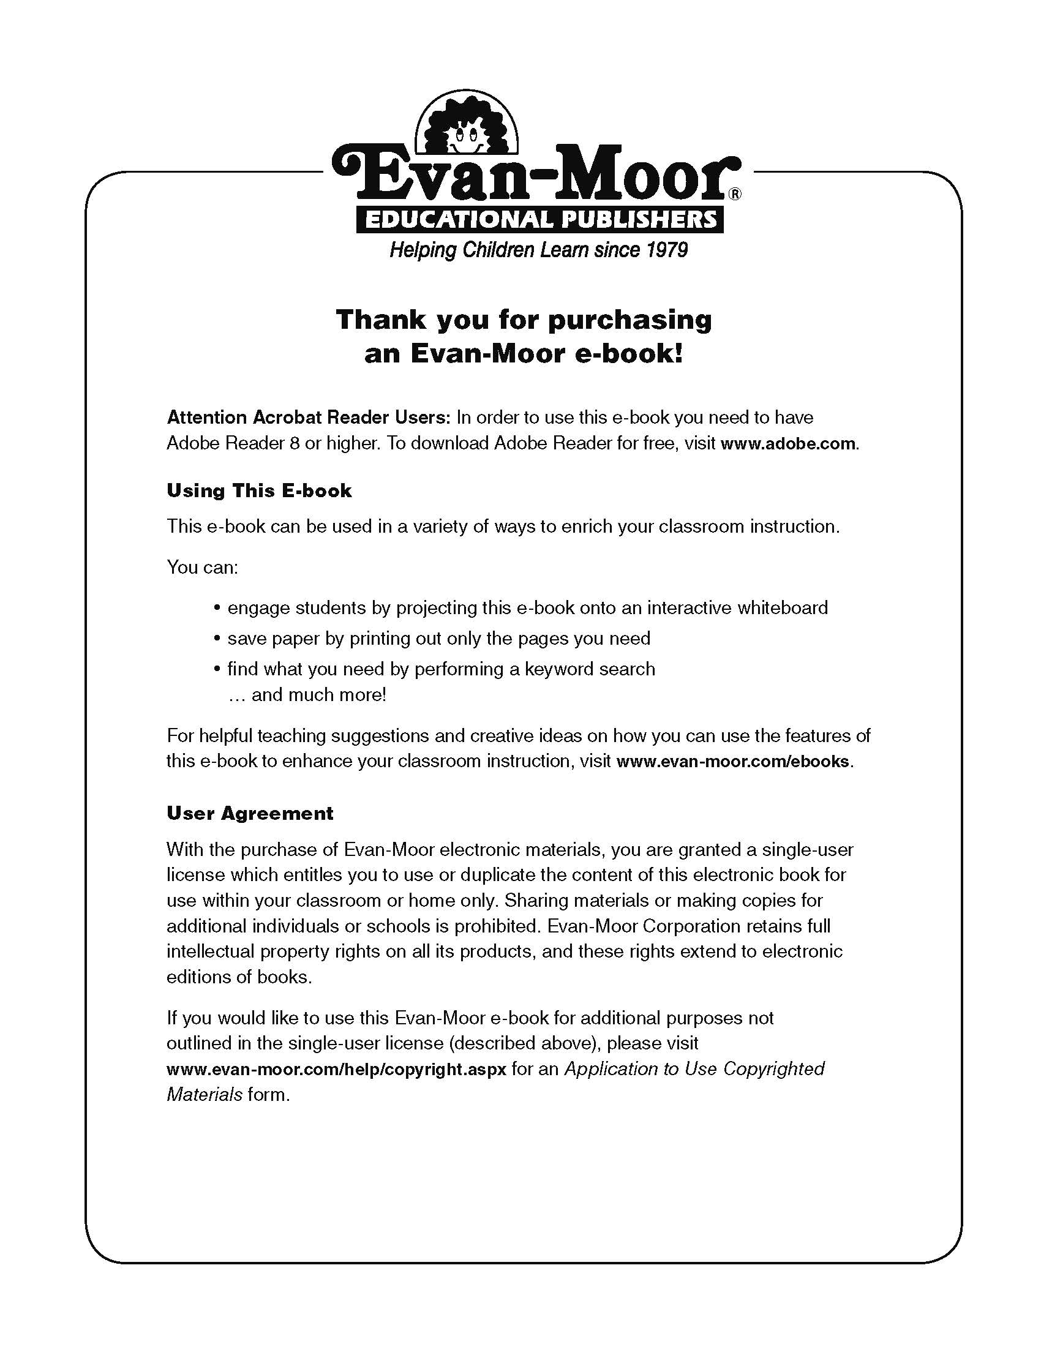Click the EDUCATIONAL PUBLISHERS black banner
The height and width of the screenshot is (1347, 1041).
[x=539, y=219]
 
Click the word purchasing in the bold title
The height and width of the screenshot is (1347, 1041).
[x=630, y=320]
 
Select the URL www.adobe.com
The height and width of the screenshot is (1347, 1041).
[x=787, y=444]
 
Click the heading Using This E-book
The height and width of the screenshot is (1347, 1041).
[x=259, y=491]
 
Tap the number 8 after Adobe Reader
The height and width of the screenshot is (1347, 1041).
[x=294, y=443]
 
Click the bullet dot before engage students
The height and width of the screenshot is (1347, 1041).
[x=217, y=609]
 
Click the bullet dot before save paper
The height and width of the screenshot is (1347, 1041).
[x=217, y=639]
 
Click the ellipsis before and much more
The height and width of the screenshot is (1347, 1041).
[x=237, y=696]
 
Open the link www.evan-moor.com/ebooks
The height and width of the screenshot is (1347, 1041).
[x=732, y=762]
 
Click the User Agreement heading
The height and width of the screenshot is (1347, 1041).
[x=250, y=814]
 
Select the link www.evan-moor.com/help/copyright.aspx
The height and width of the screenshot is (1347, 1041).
[x=336, y=1069]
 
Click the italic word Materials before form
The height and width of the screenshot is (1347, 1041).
[x=204, y=1095]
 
